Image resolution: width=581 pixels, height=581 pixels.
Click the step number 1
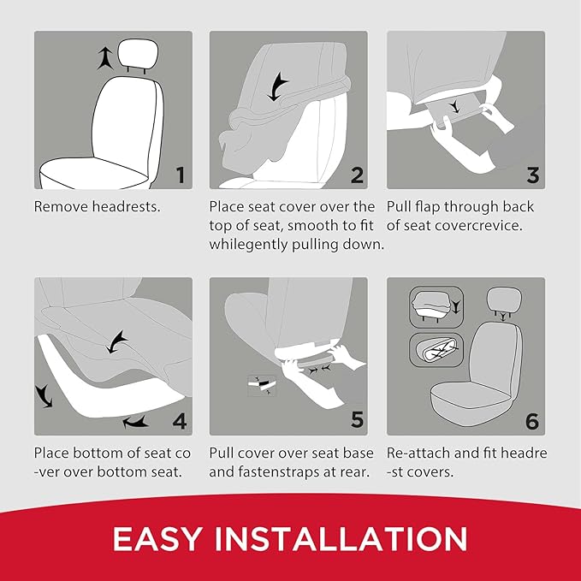[x=179, y=175]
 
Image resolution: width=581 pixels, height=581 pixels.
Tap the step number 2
[x=357, y=175]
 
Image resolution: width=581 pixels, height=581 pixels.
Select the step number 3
[x=532, y=175]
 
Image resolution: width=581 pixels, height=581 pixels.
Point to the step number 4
[x=179, y=420]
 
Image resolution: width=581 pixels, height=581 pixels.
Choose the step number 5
[x=357, y=420]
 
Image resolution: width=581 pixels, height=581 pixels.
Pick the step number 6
[x=532, y=420]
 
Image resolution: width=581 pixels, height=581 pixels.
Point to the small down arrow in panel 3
[x=463, y=106]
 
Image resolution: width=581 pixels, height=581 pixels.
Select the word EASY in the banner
[x=161, y=539]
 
